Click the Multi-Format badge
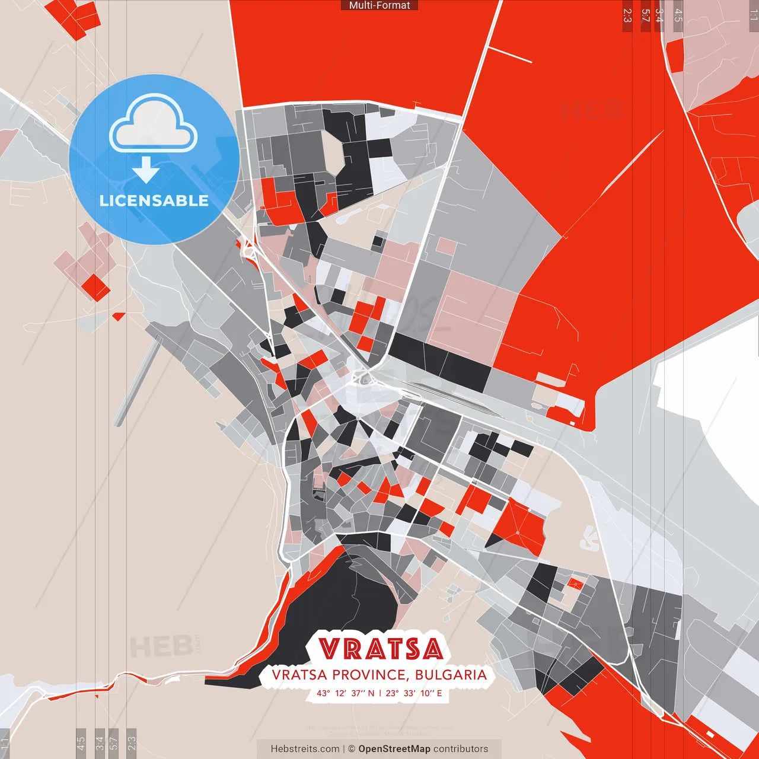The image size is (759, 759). [x=379, y=5]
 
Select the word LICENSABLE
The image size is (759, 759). [x=154, y=201]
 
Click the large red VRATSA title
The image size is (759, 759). [x=381, y=649]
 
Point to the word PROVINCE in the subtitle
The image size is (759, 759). [x=368, y=675]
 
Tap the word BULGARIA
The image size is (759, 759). [x=451, y=675]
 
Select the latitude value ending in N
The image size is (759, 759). [x=346, y=693]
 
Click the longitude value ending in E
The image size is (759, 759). [x=414, y=693]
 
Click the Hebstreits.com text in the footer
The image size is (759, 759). [x=305, y=749]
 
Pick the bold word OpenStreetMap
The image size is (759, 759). [x=394, y=749]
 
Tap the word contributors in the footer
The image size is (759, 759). [x=461, y=749]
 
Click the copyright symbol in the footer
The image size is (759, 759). [x=352, y=749]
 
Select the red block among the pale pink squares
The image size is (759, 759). [x=96, y=287]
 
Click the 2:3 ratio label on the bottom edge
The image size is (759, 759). [x=132, y=742]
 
